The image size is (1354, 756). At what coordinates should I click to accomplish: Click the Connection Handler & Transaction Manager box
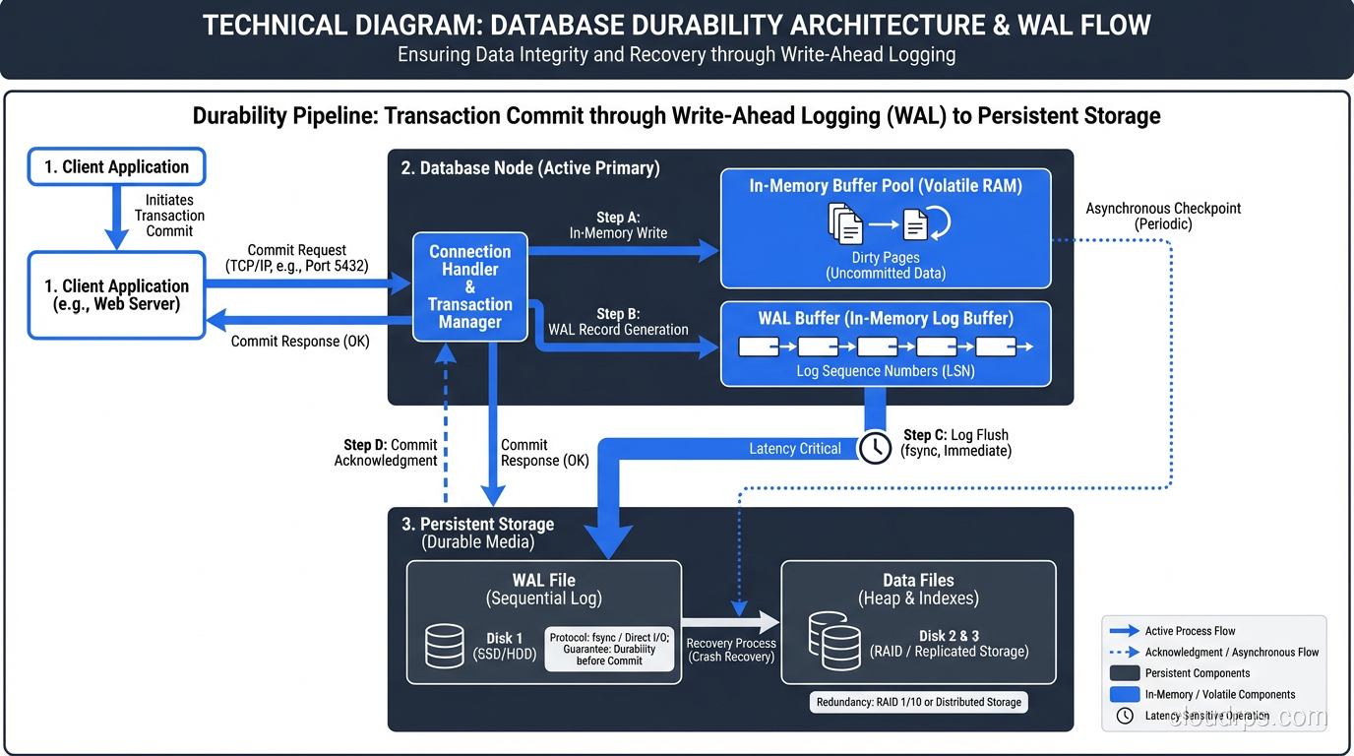[469, 286]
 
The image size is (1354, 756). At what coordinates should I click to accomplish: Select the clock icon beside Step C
[875, 448]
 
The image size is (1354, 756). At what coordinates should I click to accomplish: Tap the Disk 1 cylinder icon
[445, 646]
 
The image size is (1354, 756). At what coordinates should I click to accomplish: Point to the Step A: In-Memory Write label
[618, 225]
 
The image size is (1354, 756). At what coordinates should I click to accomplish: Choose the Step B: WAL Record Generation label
[618, 322]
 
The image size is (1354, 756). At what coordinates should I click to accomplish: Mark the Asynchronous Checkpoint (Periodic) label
[1163, 216]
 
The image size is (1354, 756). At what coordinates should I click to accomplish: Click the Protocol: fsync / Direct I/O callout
[610, 650]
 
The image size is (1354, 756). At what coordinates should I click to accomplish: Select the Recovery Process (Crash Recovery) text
[731, 650]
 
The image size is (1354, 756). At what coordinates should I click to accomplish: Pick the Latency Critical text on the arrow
[795, 449]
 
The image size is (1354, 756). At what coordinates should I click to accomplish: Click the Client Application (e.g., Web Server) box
[116, 295]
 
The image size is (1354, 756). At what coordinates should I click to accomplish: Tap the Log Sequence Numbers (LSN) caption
[886, 372]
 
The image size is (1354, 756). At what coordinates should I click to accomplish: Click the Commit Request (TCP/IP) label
[296, 258]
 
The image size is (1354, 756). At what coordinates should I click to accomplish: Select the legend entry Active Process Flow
[1189, 631]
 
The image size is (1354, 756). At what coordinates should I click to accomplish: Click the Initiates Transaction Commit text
[169, 215]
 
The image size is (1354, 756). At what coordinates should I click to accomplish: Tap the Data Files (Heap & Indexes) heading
[918, 589]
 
